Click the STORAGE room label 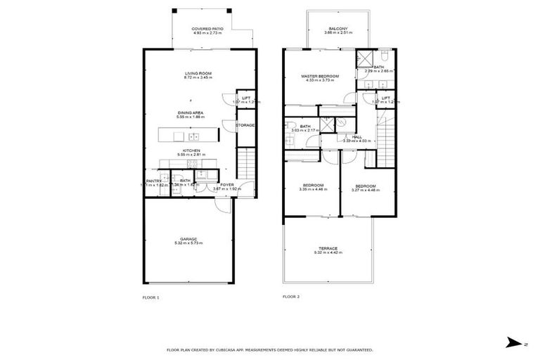245,125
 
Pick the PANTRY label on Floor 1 154,181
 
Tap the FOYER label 226,184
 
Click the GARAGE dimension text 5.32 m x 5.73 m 188,243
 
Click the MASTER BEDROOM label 320,76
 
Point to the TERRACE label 328,248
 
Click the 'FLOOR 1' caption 151,297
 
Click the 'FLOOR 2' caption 291,297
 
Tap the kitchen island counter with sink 188,132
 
